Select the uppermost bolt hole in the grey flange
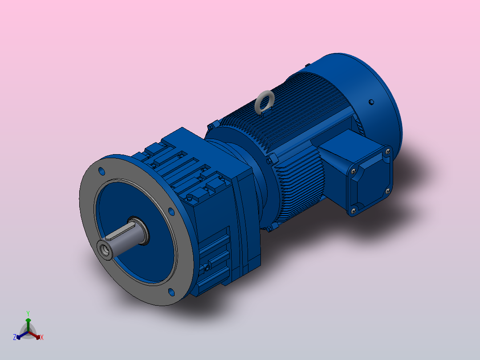(102, 171)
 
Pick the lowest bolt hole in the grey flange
(171, 292)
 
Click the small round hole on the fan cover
(371, 102)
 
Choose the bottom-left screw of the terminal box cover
(354, 210)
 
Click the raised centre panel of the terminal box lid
(370, 180)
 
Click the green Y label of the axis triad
(28, 313)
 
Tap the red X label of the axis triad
(42, 338)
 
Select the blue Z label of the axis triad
(15, 337)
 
